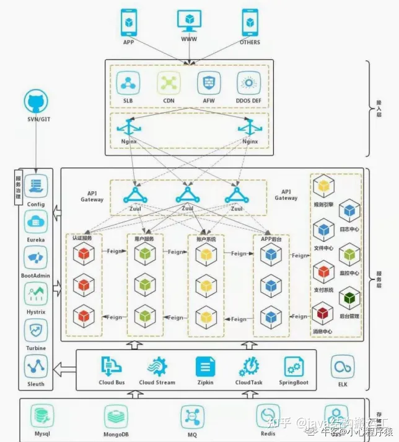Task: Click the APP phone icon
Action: click(128, 22)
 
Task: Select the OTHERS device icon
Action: click(250, 22)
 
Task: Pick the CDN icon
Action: click(169, 83)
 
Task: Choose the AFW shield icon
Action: click(209, 83)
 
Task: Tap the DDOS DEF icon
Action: click(249, 83)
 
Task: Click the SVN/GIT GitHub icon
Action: click(36, 101)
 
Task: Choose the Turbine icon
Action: click(36, 330)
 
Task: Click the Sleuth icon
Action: click(36, 366)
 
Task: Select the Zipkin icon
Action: click(205, 367)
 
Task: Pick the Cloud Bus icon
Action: click(112, 367)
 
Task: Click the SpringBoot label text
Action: click(294, 382)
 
